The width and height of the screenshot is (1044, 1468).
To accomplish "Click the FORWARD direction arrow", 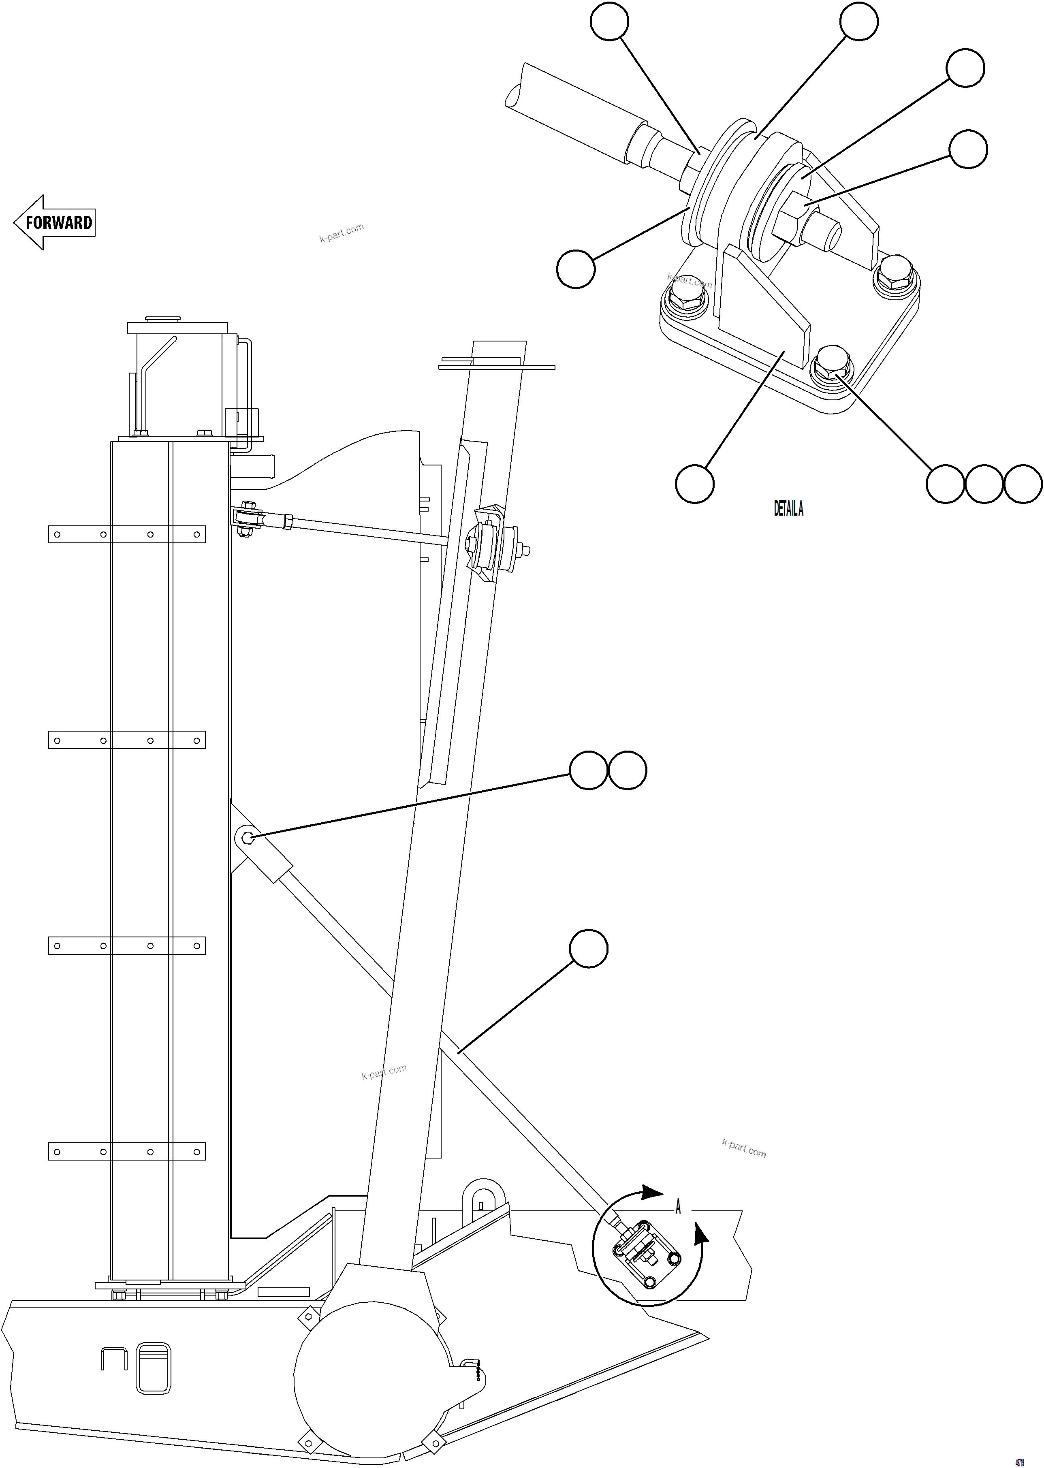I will click(x=55, y=222).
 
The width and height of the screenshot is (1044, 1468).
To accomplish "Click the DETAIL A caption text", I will click(x=788, y=509).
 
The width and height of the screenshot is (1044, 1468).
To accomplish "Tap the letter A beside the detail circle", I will click(x=678, y=1208).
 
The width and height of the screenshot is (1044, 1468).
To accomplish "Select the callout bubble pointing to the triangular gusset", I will click(x=694, y=484).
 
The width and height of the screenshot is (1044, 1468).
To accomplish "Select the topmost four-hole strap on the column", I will click(x=127, y=534).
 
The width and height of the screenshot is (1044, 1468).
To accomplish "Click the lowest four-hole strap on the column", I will click(x=127, y=1151).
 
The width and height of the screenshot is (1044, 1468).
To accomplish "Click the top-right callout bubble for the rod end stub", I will click(x=968, y=149).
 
